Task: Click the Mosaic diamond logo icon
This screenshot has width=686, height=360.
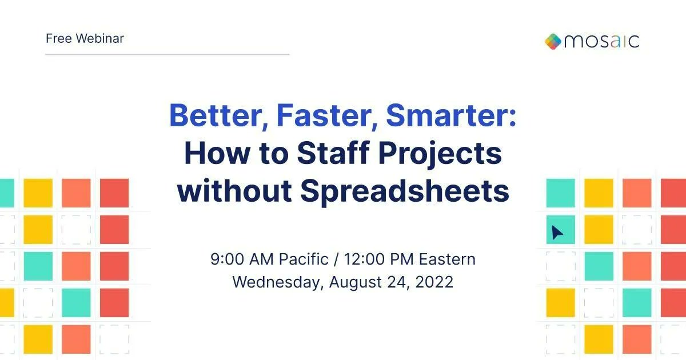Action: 553,41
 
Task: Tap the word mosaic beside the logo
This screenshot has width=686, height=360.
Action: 601,42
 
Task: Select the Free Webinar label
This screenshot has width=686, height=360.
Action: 85,39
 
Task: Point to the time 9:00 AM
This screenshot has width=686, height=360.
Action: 242,259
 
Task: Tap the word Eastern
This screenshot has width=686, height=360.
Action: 447,259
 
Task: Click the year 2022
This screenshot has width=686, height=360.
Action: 434,282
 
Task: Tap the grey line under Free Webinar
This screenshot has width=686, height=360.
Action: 167,54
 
